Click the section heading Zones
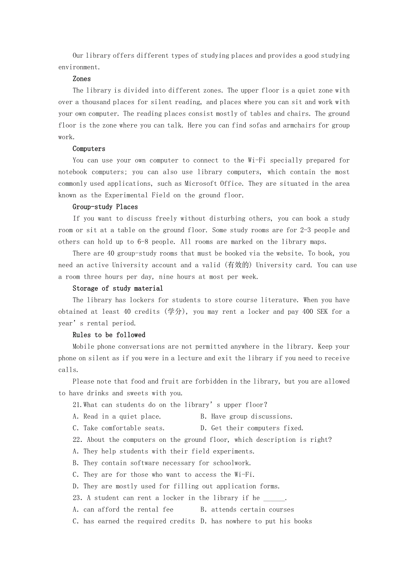click(82, 79)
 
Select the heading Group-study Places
click(105, 207)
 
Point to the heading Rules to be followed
click(109, 335)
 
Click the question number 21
click(77, 405)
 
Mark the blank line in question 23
click(274, 498)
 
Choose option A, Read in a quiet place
click(117, 417)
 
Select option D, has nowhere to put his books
click(256, 522)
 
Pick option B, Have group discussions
click(246, 417)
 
